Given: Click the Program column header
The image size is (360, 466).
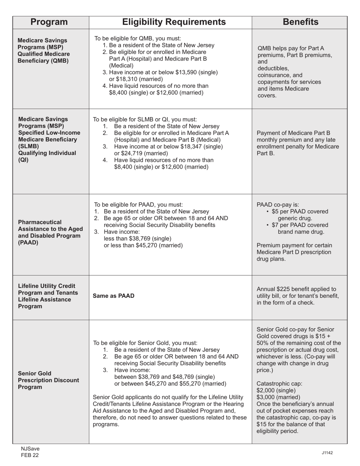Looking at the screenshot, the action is [x=49, y=22].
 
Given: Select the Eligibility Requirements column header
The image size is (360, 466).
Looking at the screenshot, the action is [x=174, y=22].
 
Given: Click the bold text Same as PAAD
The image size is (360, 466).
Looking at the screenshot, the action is [x=113, y=296].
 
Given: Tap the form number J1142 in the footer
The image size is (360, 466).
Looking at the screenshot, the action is [x=327, y=453].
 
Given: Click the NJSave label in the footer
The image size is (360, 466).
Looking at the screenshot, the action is [x=30, y=449].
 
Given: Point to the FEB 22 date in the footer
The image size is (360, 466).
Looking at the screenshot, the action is [x=30, y=456].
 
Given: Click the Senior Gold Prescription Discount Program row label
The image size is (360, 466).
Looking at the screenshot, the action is [x=48, y=380].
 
